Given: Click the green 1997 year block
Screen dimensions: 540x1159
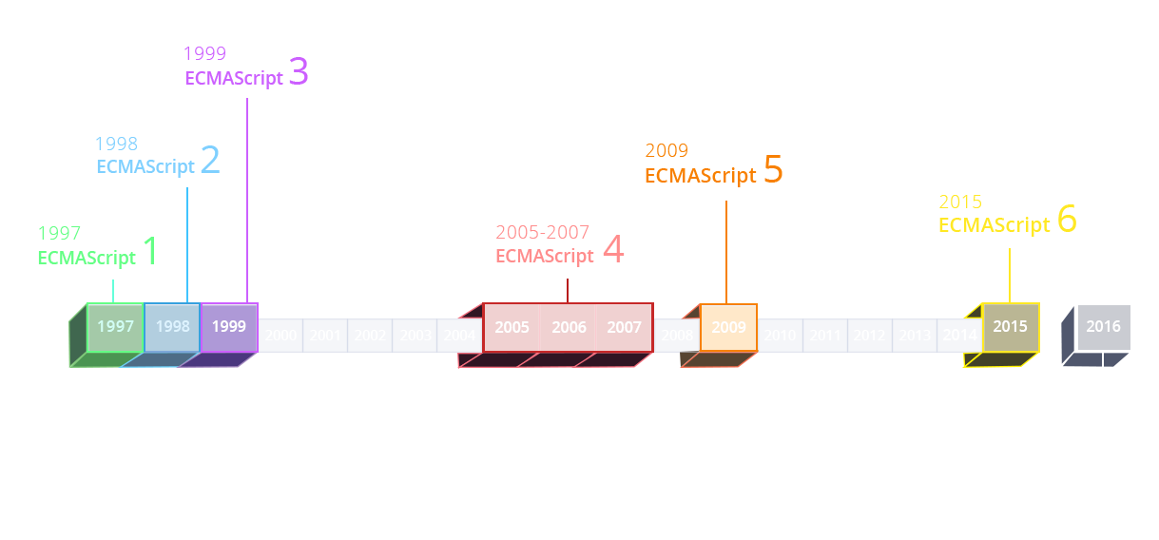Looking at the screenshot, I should click(x=115, y=327).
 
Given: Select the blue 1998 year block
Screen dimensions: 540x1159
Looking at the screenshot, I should click(x=172, y=327).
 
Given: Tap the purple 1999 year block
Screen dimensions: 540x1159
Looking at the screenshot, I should click(x=229, y=327).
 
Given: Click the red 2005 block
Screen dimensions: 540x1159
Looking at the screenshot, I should click(x=512, y=328).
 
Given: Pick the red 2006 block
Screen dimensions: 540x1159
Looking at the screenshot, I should click(x=569, y=328).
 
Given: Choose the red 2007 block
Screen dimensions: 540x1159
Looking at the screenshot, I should click(x=625, y=328).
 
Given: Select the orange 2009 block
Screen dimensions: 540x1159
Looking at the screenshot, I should click(x=728, y=328).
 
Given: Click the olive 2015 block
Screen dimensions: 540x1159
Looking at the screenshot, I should click(x=1010, y=327).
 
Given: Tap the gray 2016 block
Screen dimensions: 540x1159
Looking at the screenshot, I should click(x=1103, y=327).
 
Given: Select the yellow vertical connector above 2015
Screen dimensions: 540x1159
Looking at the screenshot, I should click(x=1009, y=274).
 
